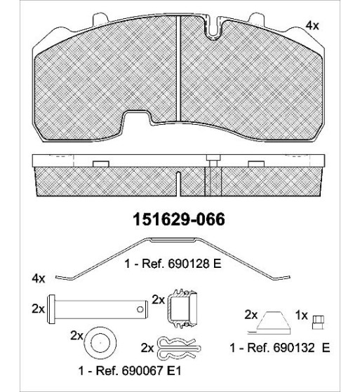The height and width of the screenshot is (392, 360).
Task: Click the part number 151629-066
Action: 179,219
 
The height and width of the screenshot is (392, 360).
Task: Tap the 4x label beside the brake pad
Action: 312,25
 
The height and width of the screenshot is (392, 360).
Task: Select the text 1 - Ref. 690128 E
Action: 173,264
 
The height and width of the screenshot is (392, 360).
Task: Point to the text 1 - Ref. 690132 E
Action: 280,348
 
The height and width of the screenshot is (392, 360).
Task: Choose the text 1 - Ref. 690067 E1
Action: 130,370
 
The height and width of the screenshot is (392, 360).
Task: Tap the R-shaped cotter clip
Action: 179,349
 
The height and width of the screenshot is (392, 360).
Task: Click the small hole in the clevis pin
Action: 140,309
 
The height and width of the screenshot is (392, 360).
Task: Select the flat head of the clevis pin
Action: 51,309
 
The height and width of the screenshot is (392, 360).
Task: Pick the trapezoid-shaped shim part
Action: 274,321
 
